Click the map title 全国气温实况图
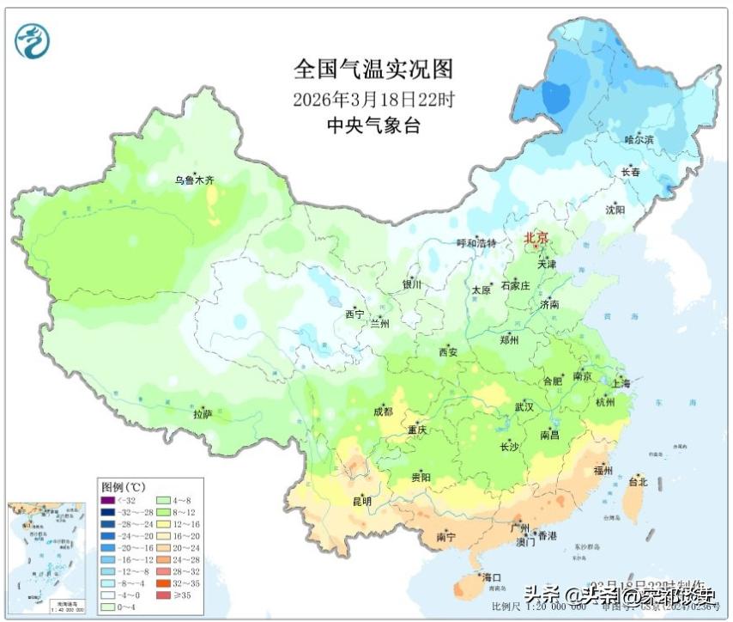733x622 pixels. (373, 69)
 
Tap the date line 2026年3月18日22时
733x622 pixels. (373, 99)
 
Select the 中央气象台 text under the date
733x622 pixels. (373, 126)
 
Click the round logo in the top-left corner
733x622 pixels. (33, 40)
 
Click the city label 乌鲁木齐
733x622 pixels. (194, 180)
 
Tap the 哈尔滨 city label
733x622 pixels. (638, 139)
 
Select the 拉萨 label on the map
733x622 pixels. (203, 414)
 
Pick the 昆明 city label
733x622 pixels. (361, 501)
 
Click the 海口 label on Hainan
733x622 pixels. (491, 576)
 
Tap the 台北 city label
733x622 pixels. (638, 482)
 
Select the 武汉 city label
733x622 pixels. (524, 406)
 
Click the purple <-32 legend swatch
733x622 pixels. (107, 500)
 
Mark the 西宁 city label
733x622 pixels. (354, 314)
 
